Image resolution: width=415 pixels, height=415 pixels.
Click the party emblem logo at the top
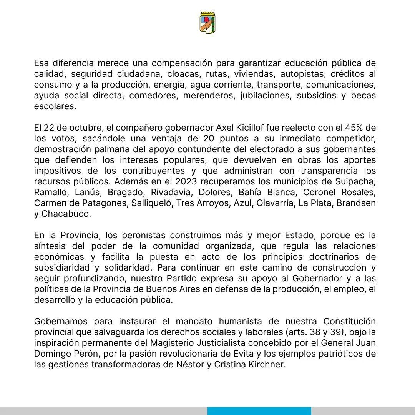point(207,22)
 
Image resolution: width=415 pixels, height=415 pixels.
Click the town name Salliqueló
point(151,203)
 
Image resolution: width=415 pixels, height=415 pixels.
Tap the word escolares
point(55,106)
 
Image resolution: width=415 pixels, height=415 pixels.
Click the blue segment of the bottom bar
point(259,411)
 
